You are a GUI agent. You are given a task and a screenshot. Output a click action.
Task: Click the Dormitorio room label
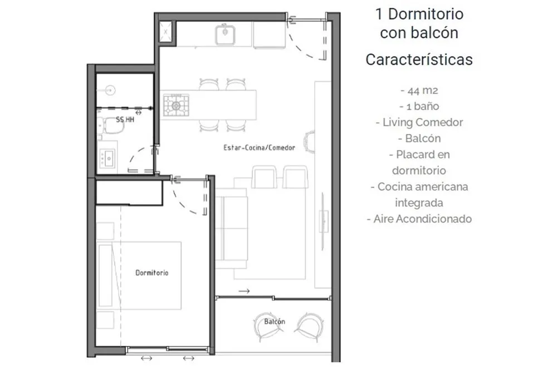(x=152, y=273)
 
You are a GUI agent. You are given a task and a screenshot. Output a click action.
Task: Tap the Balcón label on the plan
(x=274, y=321)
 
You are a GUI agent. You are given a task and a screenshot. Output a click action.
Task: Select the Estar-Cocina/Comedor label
(x=260, y=147)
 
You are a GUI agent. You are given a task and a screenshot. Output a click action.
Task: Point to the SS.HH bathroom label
(x=125, y=120)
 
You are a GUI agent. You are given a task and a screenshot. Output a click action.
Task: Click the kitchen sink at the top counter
(x=225, y=34)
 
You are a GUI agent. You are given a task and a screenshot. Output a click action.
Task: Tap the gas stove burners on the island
(x=176, y=105)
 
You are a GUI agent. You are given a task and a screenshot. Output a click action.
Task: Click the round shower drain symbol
(x=110, y=91)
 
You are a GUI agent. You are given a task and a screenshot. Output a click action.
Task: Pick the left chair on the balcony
(x=269, y=327)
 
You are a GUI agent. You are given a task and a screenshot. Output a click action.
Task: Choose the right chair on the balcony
(x=309, y=327)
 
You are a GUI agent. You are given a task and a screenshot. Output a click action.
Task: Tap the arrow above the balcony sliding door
(x=244, y=291)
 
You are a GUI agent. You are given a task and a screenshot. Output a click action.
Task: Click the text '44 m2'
(x=419, y=91)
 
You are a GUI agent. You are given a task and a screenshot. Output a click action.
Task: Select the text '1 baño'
(x=419, y=106)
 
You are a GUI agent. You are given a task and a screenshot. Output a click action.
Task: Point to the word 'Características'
(x=419, y=60)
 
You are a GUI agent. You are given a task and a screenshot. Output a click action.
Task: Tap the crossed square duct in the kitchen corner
(x=166, y=32)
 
